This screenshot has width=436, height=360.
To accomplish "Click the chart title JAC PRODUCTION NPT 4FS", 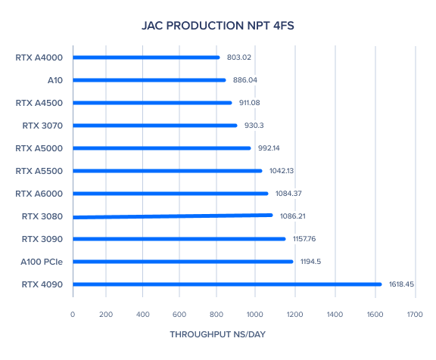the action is tap(218, 26).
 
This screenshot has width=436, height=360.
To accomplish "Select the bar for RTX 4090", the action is tap(227, 284).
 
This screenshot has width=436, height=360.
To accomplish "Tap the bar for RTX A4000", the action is tap(146, 57).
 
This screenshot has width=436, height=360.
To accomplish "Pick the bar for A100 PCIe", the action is tap(183, 262).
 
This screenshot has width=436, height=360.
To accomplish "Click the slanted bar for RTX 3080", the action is tap(173, 216).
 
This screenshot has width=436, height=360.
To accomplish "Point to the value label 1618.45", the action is tap(401, 284).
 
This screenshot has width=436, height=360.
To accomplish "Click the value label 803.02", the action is tap(239, 57).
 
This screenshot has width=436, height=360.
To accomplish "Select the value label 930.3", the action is tap(254, 126).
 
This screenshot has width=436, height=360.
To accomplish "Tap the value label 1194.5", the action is tap(310, 262).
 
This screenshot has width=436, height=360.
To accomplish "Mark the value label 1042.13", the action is tap(282, 171).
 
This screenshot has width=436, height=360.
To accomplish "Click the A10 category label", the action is tap(55, 80).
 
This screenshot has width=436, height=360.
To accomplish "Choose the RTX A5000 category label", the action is tap(39, 148).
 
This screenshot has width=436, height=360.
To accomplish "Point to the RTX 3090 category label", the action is tap(42, 239).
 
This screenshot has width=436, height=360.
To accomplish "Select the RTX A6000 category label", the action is tap(39, 194).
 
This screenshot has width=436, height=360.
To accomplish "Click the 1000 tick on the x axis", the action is tap(254, 314).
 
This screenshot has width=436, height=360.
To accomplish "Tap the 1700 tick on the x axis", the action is tap(415, 314).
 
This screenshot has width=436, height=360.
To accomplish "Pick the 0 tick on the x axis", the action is tap(73, 314).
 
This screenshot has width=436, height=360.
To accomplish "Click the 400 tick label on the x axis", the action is tap(142, 314).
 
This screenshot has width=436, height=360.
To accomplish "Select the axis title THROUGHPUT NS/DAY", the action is tap(218, 334).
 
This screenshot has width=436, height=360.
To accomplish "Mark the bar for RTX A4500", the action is tap(152, 103).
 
